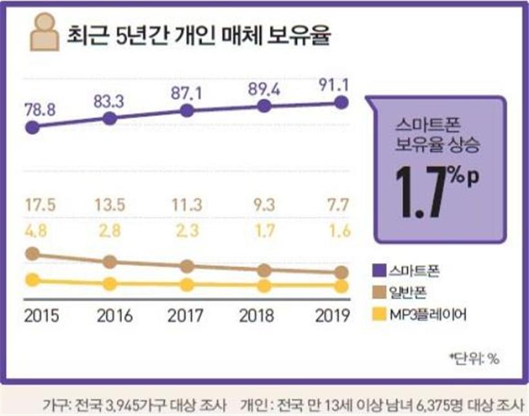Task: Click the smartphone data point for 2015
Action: tap(33, 127)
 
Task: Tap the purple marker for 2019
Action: tap(342, 102)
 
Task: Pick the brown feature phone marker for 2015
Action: tap(33, 254)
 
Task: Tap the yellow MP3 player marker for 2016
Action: tap(110, 284)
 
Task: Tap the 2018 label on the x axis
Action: tap(255, 316)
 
